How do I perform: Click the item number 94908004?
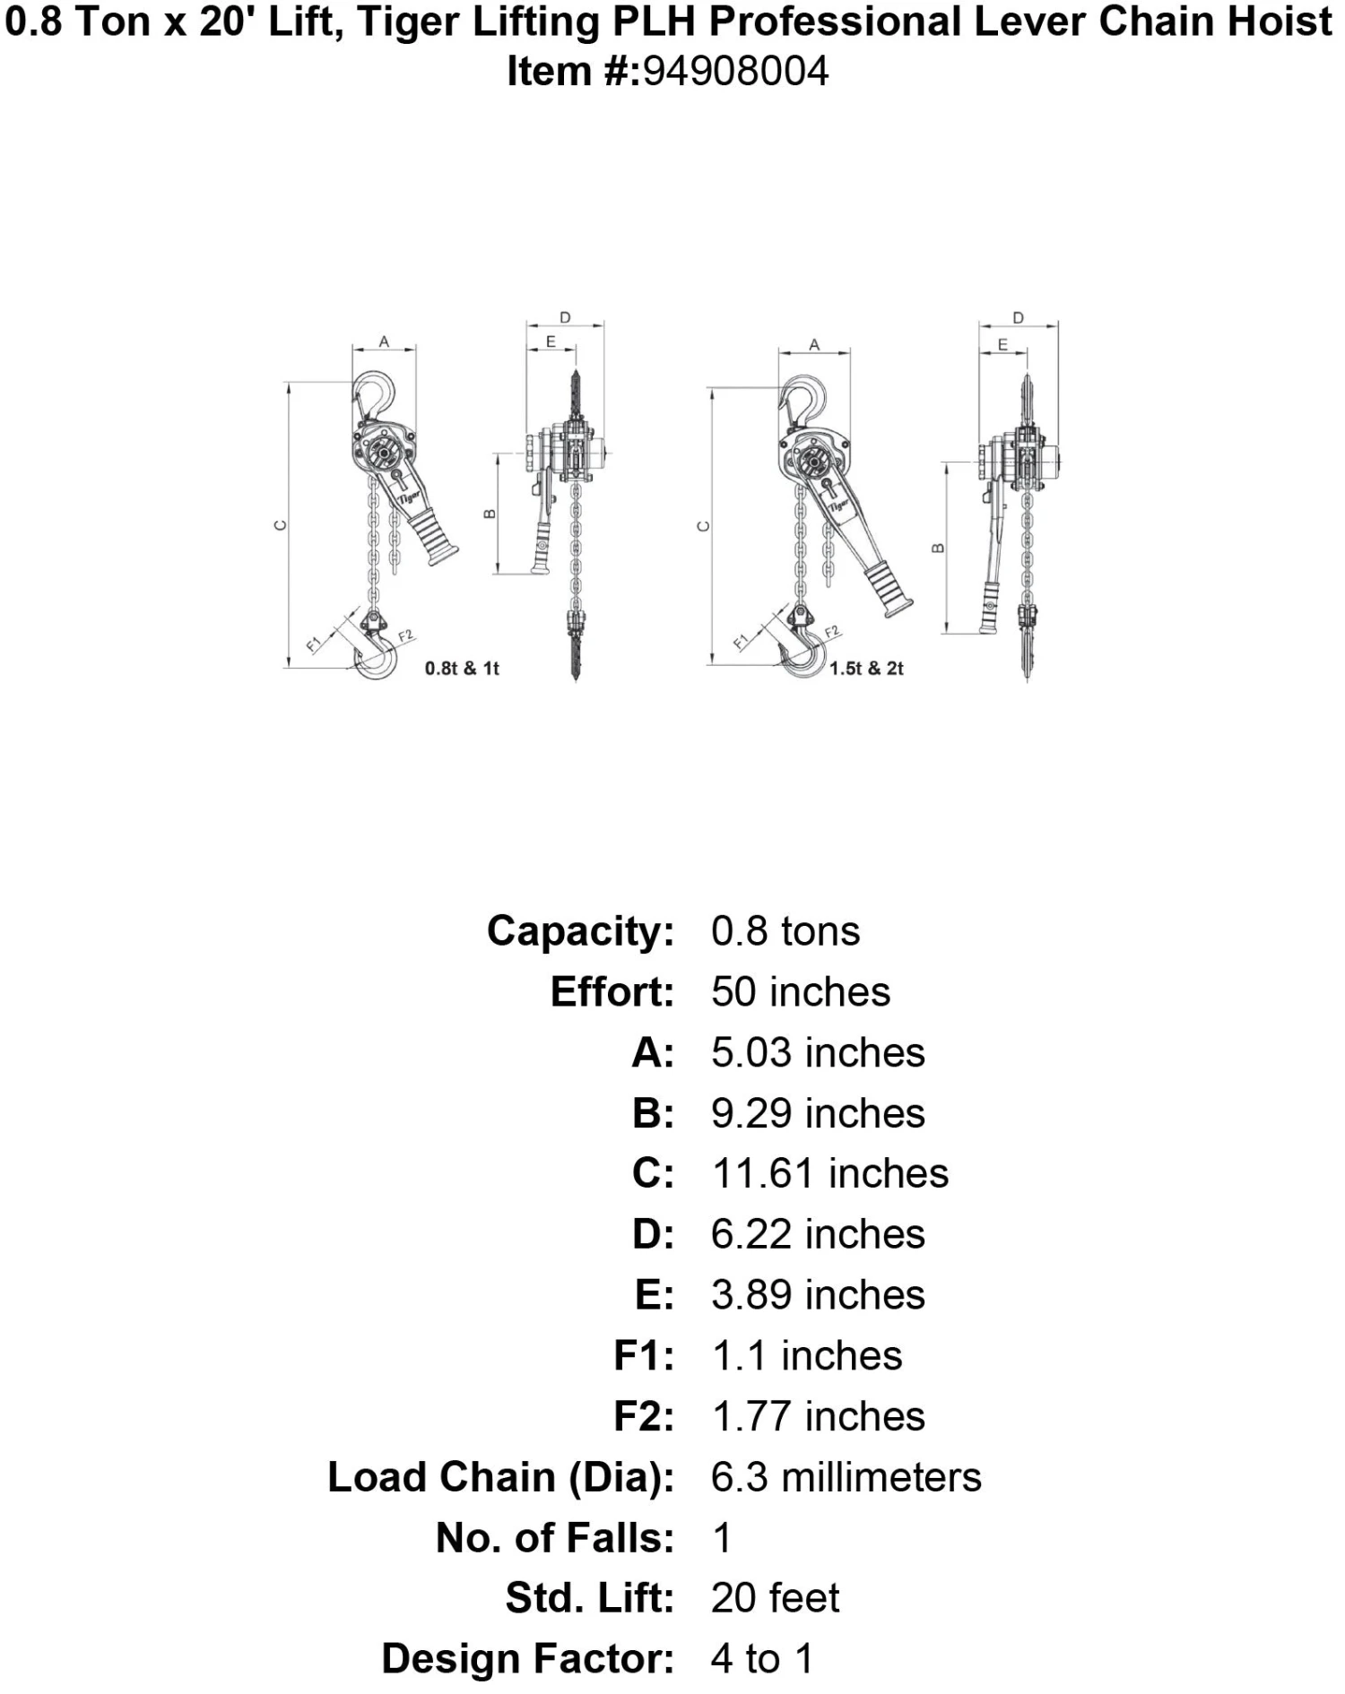734,72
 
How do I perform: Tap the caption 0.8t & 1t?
462,669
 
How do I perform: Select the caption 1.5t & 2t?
866,669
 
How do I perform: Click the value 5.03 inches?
818,1053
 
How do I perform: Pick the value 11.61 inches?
829,1174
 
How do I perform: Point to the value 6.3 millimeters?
846,1477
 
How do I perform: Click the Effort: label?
612,992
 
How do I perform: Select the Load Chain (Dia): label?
500,1477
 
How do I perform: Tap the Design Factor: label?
527,1659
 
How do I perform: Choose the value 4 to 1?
762,1659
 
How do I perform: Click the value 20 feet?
775,1598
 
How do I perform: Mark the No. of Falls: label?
554,1538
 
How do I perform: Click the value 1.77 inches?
818,1417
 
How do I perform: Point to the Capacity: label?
580,931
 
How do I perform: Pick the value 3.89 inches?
818,1295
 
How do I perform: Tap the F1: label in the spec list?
643,1356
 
